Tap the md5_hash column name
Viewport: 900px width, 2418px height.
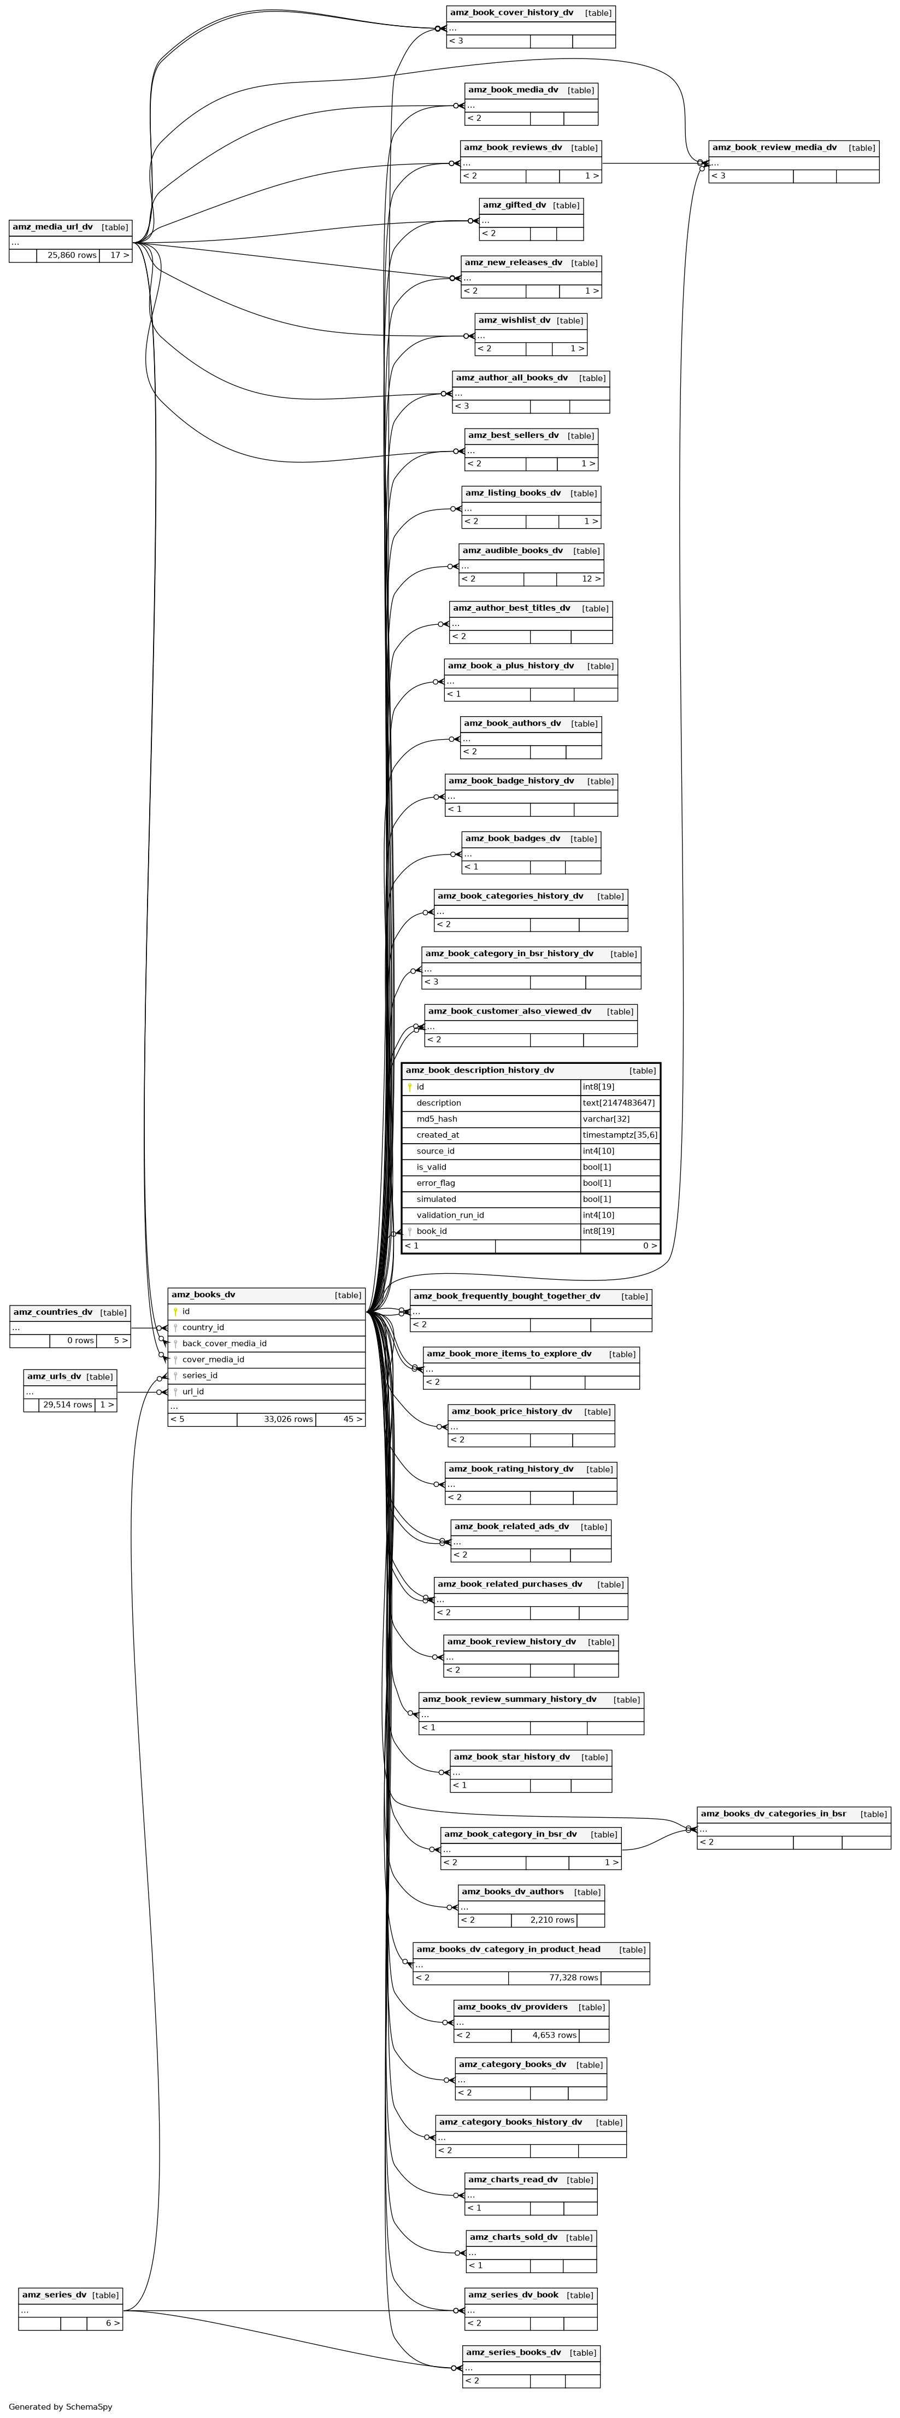(x=437, y=1119)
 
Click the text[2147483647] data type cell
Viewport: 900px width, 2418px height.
(x=619, y=1103)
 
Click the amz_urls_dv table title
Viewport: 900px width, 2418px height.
(x=55, y=1376)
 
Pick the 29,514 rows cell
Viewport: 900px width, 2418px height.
(x=67, y=1405)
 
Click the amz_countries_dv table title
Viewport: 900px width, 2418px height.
(x=52, y=1312)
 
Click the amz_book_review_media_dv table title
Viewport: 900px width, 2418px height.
(x=774, y=148)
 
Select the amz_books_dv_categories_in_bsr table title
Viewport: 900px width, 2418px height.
(x=773, y=1813)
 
